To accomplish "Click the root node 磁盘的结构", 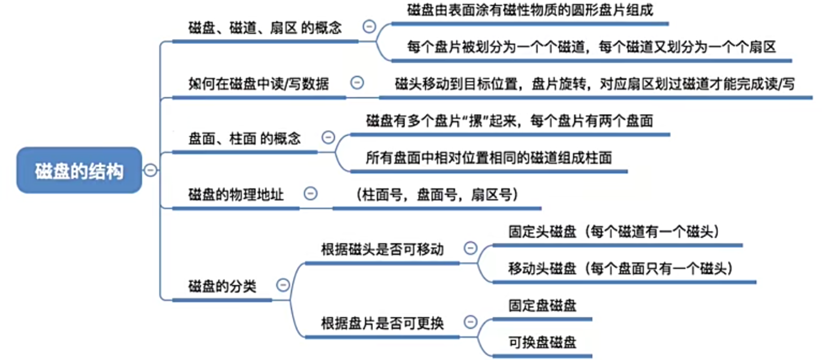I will [79, 171].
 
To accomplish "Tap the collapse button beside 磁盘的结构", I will [150, 170].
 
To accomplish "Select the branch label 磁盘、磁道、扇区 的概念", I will [265, 28].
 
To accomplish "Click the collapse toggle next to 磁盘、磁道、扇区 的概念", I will [369, 27].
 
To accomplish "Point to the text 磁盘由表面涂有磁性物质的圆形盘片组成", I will [530, 10].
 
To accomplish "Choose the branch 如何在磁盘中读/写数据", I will [258, 84].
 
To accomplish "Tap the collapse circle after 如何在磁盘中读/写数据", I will [357, 83].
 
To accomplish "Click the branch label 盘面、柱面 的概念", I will [245, 139].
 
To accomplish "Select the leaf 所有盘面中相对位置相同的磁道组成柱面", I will [489, 158].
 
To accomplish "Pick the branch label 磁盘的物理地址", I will [236, 195].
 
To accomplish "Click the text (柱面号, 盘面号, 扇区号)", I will [437, 195].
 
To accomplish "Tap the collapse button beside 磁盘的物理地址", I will [310, 194].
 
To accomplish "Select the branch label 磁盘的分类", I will [222, 286].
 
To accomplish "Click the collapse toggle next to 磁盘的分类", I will [283, 285].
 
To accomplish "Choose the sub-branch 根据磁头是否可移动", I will [382, 249].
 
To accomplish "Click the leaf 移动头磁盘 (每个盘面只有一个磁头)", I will [620, 268].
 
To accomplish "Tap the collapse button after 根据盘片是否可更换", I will [470, 322].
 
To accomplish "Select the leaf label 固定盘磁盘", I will [542, 306].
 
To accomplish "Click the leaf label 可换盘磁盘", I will [542, 342].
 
